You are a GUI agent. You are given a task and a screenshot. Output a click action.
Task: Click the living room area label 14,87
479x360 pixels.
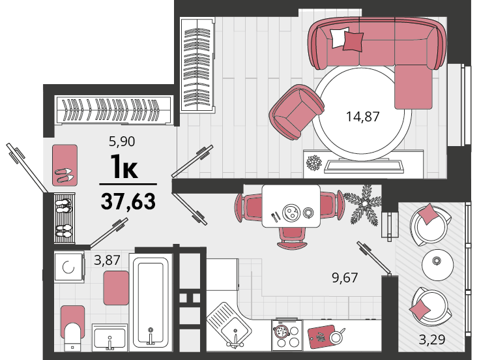[x=362, y=117]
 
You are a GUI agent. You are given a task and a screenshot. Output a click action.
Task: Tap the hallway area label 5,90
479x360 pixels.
[x=122, y=141]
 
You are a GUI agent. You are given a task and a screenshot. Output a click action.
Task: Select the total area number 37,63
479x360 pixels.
[x=128, y=202]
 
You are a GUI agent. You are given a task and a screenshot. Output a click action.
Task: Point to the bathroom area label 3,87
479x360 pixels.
[x=108, y=260]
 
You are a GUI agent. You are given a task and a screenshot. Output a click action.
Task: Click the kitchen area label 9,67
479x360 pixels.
[x=345, y=277]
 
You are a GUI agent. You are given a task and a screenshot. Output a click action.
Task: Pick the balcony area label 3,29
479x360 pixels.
[x=431, y=339]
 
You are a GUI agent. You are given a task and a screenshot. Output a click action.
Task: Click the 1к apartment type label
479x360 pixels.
[x=124, y=166]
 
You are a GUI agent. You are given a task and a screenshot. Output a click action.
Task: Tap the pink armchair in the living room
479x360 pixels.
[x=297, y=112]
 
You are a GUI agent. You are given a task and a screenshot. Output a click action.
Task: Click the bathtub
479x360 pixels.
[x=151, y=301]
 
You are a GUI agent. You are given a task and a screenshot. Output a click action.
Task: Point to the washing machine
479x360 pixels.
[x=69, y=266]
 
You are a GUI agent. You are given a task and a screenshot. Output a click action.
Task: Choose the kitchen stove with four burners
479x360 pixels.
[x=287, y=335]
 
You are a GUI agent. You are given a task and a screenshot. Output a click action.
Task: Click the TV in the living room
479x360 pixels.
[x=363, y=166]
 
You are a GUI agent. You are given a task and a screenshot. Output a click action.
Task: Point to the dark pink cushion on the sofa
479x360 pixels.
[x=353, y=41]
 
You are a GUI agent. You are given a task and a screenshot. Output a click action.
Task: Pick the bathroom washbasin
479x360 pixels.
[x=109, y=337]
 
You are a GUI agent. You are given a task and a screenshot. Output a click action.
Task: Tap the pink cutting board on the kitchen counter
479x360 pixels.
[x=321, y=337]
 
